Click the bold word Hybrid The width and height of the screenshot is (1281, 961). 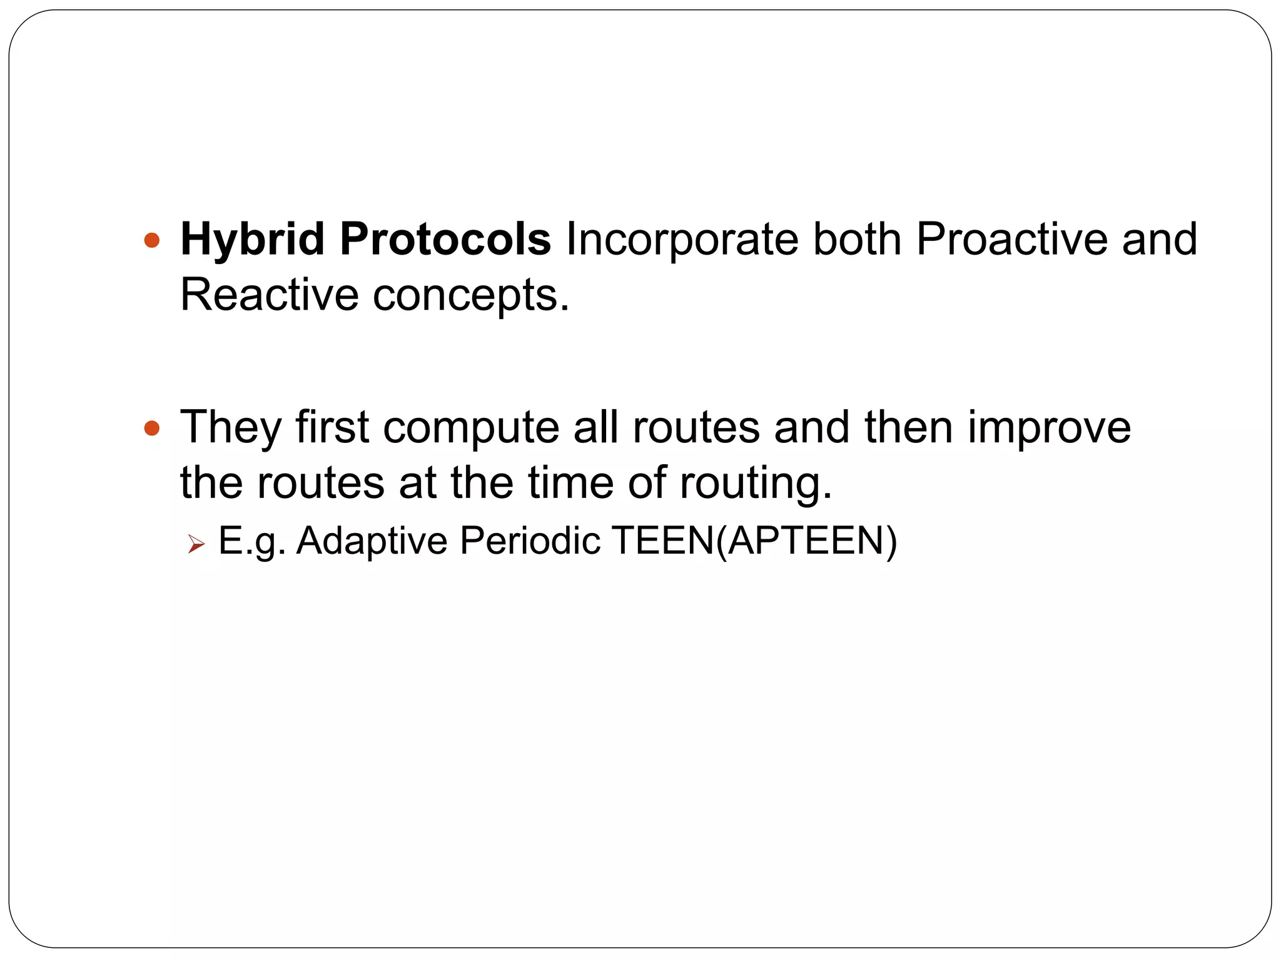[252, 240]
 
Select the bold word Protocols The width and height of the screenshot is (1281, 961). [445, 240]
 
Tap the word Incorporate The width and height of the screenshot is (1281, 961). [682, 240]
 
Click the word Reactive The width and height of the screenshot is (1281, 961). [269, 295]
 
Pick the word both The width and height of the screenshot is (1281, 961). [856, 240]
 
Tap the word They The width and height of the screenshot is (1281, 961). [230, 428]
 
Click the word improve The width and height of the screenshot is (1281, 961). [1049, 428]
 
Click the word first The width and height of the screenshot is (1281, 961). [332, 427]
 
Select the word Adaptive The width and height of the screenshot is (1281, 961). [372, 541]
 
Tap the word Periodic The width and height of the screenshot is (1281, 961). [530, 541]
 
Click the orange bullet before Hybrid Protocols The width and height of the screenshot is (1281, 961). [151, 240]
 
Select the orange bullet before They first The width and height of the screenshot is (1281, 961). [151, 429]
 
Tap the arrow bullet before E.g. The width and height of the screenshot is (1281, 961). [195, 544]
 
